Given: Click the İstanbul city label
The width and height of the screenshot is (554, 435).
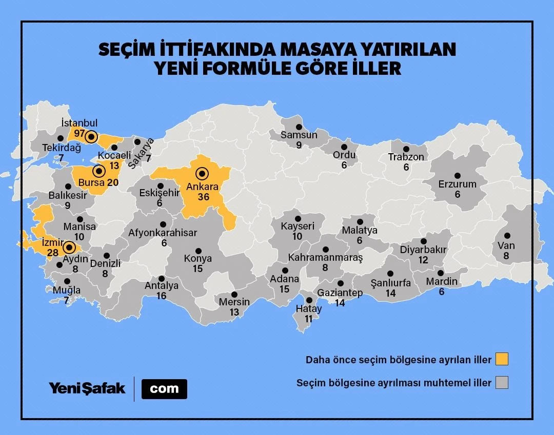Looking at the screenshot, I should (x=79, y=123).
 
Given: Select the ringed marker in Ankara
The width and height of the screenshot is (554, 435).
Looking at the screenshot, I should (x=202, y=174).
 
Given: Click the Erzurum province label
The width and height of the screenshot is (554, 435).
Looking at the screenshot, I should (x=457, y=184).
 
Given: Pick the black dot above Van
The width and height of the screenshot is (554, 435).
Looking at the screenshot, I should (x=507, y=236).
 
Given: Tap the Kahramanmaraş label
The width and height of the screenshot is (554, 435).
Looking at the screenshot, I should (x=325, y=257).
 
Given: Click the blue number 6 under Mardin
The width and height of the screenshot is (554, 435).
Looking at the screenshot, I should (x=441, y=292).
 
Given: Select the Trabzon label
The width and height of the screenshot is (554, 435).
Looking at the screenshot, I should (x=406, y=157).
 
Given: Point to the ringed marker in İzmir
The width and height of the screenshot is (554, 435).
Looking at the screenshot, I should (x=68, y=248).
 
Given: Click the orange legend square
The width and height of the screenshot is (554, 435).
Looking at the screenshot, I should (x=502, y=359).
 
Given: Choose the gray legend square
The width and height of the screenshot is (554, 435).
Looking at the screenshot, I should (x=502, y=383).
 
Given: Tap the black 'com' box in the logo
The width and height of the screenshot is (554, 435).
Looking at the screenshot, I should (x=164, y=389).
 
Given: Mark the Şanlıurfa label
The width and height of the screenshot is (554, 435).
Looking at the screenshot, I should (x=391, y=283).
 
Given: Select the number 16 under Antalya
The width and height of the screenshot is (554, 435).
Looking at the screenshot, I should (x=162, y=296).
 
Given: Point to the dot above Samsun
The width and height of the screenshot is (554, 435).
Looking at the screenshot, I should (x=298, y=126).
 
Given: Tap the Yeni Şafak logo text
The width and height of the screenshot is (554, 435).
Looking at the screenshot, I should (x=87, y=388).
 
